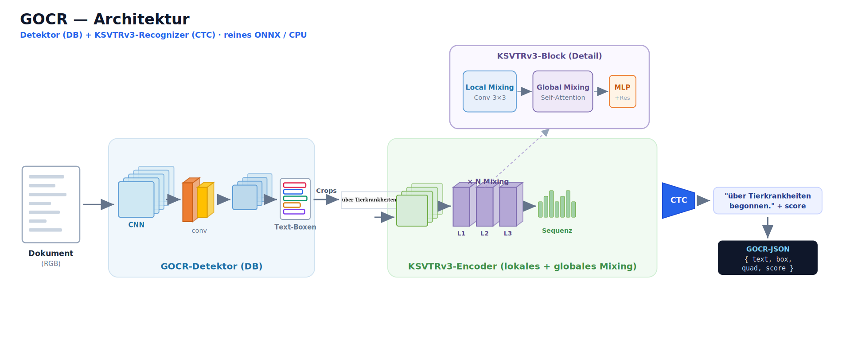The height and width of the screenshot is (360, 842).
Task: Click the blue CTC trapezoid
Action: click(x=678, y=200)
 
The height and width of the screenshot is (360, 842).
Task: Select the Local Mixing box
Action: click(x=490, y=91)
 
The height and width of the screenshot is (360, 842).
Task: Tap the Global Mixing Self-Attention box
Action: click(x=563, y=91)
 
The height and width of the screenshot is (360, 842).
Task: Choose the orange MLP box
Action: click(x=623, y=91)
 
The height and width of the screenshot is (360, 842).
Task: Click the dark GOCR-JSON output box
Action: click(x=768, y=258)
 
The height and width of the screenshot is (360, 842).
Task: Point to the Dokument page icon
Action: click(x=51, y=204)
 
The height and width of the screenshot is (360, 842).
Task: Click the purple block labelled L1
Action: click(x=462, y=206)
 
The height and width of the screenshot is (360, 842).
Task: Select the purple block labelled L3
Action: click(x=509, y=206)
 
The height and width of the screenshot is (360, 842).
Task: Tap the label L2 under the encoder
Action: click(x=484, y=233)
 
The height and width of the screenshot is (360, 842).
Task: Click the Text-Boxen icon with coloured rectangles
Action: click(x=295, y=199)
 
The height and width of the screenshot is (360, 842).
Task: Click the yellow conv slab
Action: click(x=204, y=200)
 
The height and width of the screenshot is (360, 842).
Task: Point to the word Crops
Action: click(x=326, y=191)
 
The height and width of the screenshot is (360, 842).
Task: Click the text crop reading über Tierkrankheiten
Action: click(x=369, y=200)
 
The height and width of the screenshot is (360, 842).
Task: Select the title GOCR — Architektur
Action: click(x=105, y=19)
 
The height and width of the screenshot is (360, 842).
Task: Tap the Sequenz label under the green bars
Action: click(x=557, y=231)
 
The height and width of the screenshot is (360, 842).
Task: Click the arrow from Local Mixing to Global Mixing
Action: click(x=524, y=91)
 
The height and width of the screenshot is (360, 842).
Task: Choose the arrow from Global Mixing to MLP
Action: click(x=601, y=91)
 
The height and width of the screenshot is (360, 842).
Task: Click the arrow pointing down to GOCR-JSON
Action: click(x=768, y=228)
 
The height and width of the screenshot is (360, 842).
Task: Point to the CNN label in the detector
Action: click(x=136, y=225)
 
